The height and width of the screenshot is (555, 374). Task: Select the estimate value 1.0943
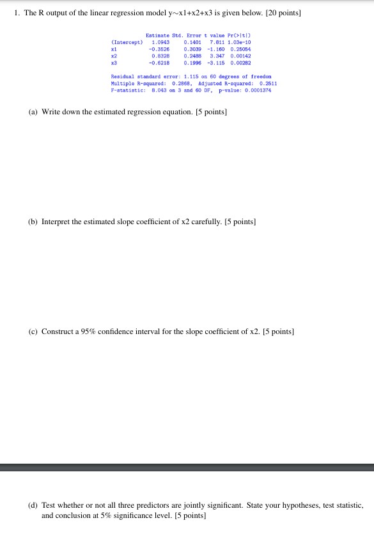160,42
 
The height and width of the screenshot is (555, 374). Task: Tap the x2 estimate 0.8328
160,56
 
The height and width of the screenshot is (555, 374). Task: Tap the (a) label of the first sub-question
33,112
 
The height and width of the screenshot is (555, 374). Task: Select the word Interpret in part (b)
58,222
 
